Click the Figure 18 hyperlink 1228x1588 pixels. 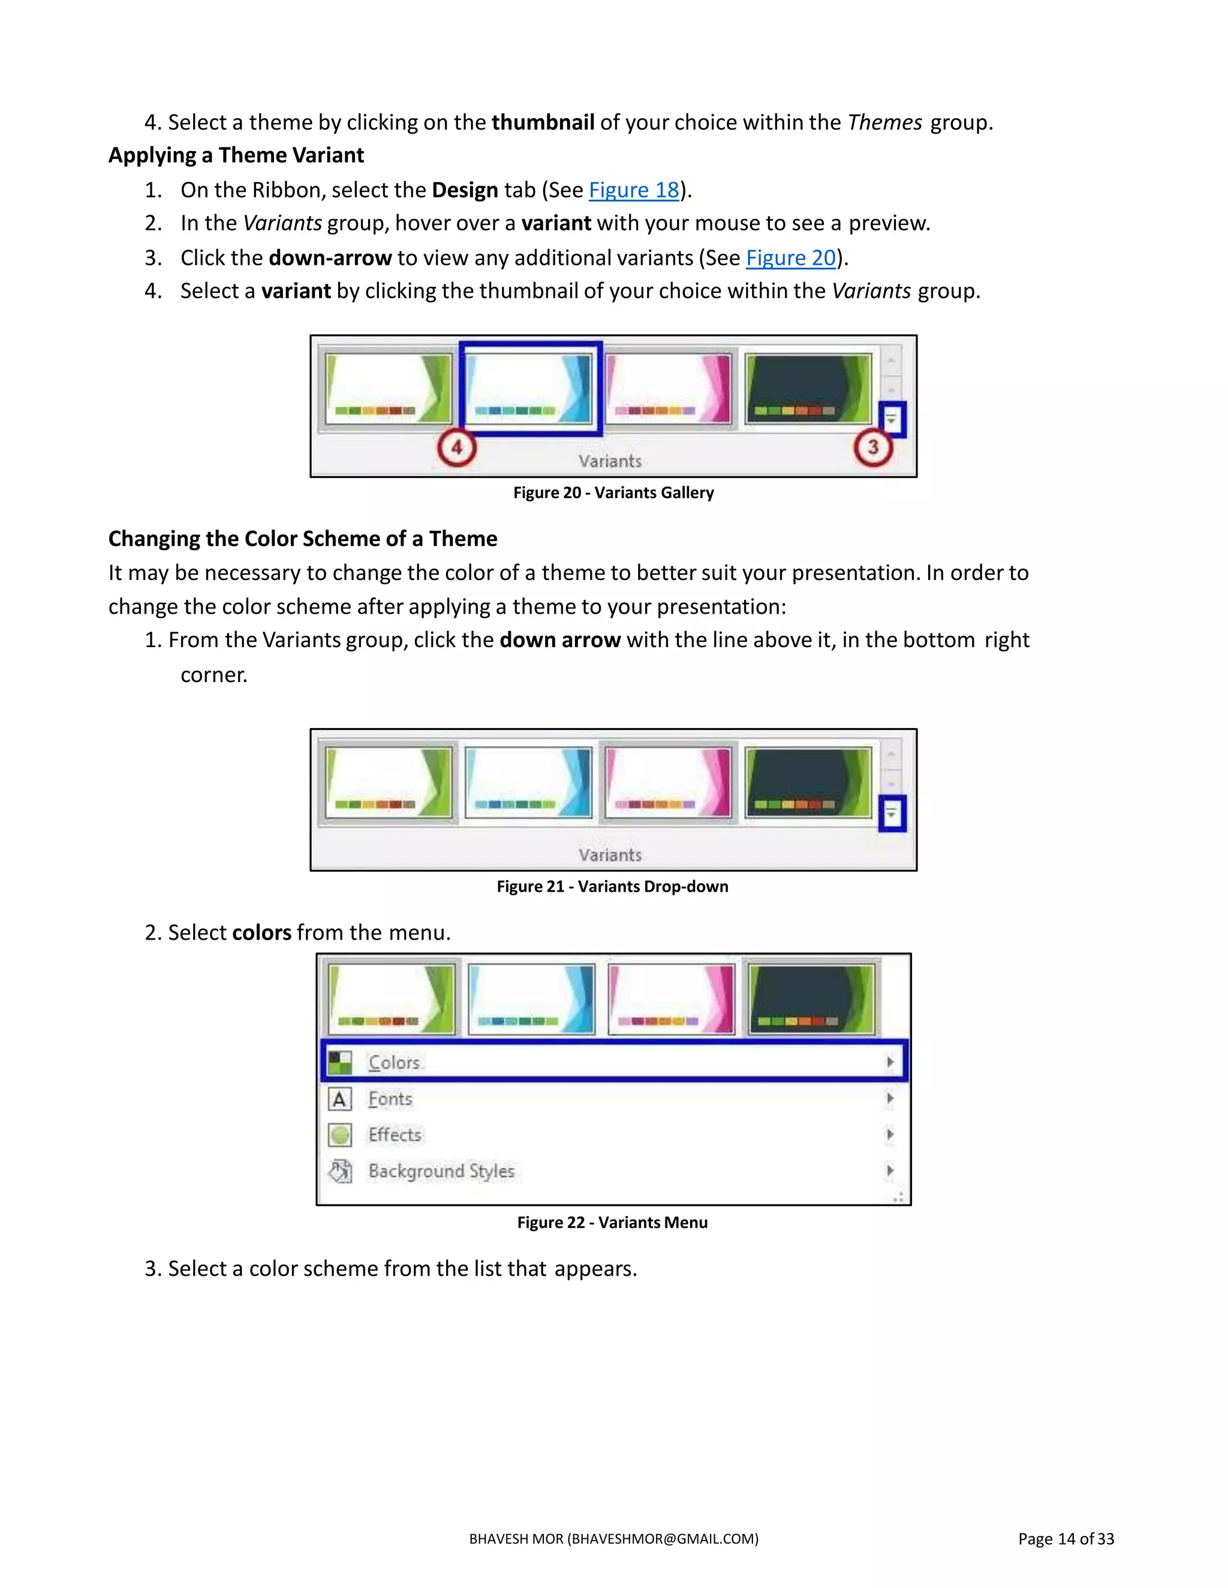point(634,190)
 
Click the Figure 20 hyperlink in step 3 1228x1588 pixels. point(791,258)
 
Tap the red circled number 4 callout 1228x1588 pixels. point(457,447)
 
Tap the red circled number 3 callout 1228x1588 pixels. point(873,447)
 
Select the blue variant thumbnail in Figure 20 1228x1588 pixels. point(529,388)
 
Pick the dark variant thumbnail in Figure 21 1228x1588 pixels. point(809,783)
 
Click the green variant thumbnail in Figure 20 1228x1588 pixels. point(389,388)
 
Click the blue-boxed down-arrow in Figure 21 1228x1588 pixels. point(892,814)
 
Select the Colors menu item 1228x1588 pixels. point(614,1062)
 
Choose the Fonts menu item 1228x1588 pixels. point(614,1098)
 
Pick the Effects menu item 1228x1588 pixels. point(614,1134)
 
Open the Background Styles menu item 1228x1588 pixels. point(614,1171)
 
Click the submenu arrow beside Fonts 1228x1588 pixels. point(890,1098)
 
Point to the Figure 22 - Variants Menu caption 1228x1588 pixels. point(613,1222)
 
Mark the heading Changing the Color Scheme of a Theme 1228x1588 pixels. point(303,539)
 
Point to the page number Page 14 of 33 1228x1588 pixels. point(1066,1538)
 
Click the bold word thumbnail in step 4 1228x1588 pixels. point(543,122)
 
